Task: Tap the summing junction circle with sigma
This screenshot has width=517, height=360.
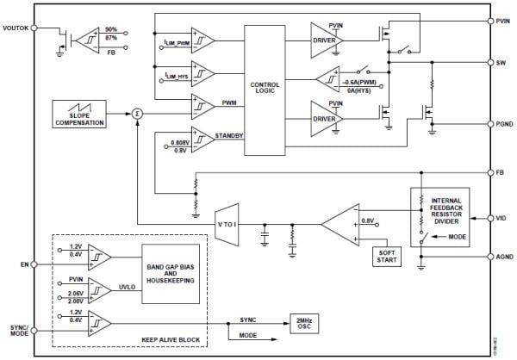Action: (136, 112)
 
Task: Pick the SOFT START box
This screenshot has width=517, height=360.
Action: (381, 255)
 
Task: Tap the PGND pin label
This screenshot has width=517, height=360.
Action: (504, 123)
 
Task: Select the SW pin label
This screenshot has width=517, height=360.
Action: (501, 63)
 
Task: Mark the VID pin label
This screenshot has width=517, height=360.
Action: (501, 218)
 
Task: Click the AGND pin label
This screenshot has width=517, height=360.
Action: (504, 256)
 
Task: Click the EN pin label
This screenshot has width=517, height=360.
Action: (23, 263)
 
